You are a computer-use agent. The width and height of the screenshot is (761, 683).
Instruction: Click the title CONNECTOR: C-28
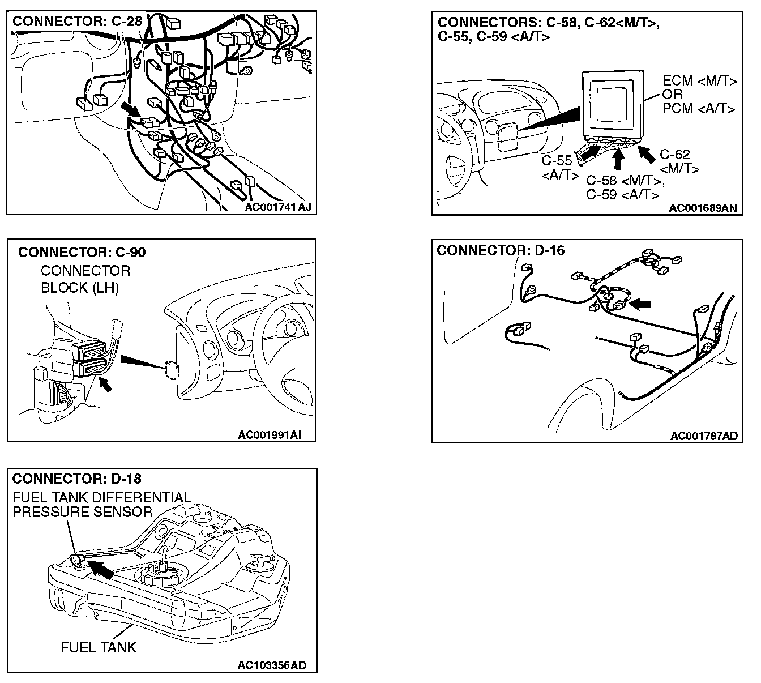[78, 22]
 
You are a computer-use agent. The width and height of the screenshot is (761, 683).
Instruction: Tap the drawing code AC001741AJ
[278, 207]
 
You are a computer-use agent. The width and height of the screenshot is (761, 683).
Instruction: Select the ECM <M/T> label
[700, 81]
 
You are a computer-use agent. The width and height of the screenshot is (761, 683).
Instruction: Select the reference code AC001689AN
[703, 208]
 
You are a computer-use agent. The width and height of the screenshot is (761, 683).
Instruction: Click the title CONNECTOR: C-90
[82, 252]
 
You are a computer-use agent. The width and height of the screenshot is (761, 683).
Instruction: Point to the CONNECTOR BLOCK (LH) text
[85, 279]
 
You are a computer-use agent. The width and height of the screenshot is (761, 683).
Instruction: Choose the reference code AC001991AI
[269, 435]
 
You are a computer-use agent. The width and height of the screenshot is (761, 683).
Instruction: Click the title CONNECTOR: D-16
[501, 250]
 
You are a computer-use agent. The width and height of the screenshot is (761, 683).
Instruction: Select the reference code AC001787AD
[704, 436]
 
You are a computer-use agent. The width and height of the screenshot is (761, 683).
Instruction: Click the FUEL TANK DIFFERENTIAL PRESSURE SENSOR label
[101, 505]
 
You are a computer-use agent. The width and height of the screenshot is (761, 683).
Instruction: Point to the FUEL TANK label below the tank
[99, 647]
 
